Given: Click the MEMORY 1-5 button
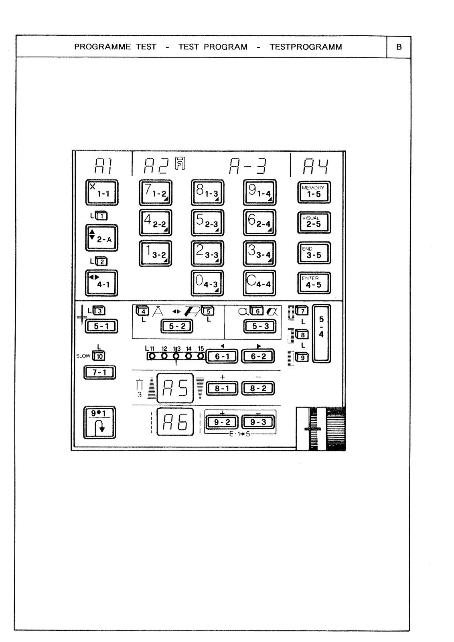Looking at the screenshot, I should pos(314,193).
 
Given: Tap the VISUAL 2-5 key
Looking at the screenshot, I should pos(314,223).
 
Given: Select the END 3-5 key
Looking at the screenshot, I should pos(314,253).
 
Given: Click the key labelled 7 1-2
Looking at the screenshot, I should pos(156,193).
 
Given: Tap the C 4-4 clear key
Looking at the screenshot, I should pos(259,283).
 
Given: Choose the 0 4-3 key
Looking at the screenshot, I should pos(207,283).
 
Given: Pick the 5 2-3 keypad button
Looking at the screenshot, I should pos(207,223).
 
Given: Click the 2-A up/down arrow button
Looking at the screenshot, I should pos(101,238).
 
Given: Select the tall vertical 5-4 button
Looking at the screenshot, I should pos(321,334).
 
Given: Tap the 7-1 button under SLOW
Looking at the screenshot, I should pos(100,372).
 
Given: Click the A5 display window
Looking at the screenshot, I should pos(175,388).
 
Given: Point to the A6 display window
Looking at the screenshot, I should pos(175,422).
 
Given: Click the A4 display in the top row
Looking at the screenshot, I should pos(316,166).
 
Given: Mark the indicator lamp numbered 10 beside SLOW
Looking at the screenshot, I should pos(99,356).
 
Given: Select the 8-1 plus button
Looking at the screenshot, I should pos(222,388).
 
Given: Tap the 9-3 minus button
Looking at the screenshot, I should pos(258,422).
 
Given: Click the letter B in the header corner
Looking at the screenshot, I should pos(399,47).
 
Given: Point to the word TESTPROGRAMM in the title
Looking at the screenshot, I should pos(306,47).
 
